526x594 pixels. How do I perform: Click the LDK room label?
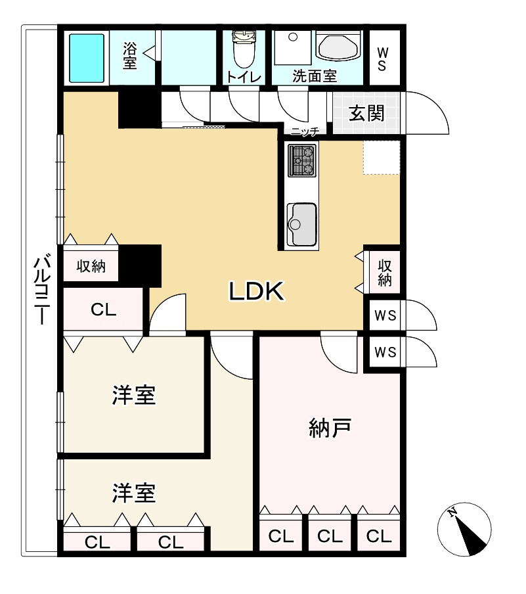(x=256, y=292)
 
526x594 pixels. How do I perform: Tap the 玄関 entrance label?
(x=366, y=114)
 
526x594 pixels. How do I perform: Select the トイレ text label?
(x=244, y=76)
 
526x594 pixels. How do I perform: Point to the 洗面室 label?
(x=315, y=76)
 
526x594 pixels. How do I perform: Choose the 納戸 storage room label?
(x=330, y=428)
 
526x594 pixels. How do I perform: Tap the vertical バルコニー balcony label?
(x=40, y=290)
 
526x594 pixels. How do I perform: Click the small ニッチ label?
(x=304, y=131)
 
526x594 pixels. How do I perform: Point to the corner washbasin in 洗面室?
(x=338, y=46)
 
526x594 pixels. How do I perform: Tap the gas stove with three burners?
(x=302, y=160)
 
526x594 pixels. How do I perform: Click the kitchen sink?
(x=301, y=223)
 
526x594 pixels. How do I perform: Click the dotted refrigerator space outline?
(x=381, y=158)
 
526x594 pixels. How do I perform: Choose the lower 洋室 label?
(x=134, y=492)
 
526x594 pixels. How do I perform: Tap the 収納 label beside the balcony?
(x=91, y=266)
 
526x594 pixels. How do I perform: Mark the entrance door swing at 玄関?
(x=427, y=113)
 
